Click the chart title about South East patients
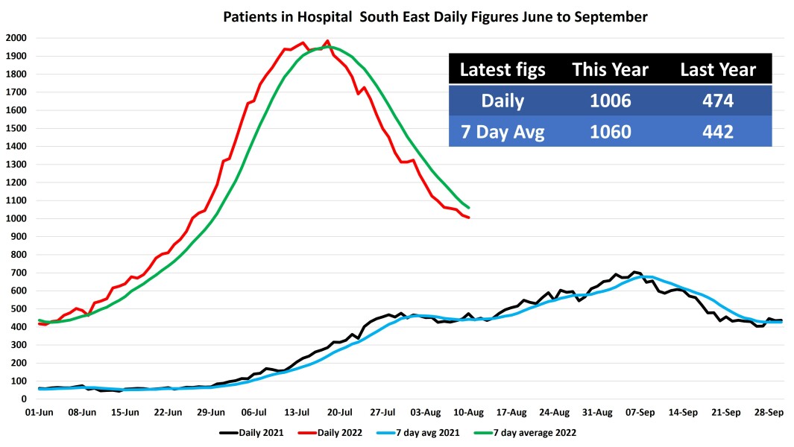[x=435, y=16]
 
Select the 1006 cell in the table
[x=610, y=101]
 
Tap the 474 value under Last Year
[x=718, y=101]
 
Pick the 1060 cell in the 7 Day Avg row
[x=610, y=132]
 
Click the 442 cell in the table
[x=718, y=132]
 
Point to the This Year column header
[x=610, y=69]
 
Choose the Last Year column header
[x=718, y=69]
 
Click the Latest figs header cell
[x=502, y=69]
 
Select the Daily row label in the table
[x=502, y=101]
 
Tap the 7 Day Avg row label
[x=502, y=132]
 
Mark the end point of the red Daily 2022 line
[x=468, y=218]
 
